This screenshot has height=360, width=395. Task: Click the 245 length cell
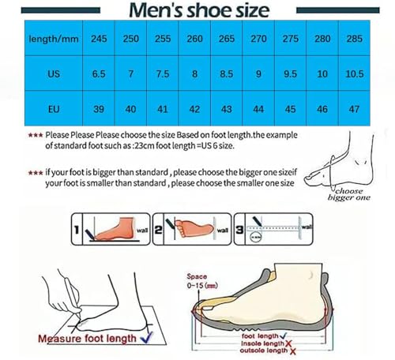pos(98,39)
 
